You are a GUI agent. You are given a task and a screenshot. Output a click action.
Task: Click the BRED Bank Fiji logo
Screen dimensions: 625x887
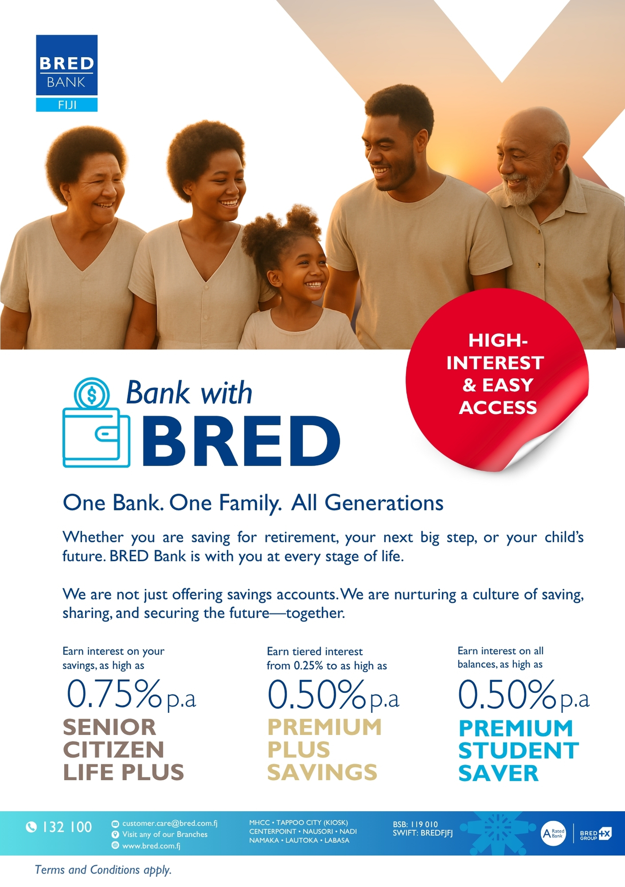(x=67, y=73)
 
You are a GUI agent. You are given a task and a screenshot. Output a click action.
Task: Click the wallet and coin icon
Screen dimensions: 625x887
(x=96, y=422)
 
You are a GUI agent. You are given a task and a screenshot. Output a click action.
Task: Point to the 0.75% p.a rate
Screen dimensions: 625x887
(x=131, y=694)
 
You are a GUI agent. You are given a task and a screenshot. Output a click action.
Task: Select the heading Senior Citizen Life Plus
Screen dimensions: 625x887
(x=123, y=750)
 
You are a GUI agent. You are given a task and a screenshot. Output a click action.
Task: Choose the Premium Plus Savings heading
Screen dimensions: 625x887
(x=324, y=750)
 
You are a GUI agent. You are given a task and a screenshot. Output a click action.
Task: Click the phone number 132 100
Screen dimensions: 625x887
(x=67, y=827)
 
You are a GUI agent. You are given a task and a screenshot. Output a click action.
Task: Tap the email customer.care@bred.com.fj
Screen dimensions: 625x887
(x=170, y=823)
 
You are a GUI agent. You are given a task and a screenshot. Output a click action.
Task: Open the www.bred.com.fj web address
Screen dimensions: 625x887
(x=151, y=846)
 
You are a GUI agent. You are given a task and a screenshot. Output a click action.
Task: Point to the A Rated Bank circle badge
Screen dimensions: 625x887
(x=554, y=833)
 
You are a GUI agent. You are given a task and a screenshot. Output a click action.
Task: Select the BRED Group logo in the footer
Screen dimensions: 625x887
(x=596, y=834)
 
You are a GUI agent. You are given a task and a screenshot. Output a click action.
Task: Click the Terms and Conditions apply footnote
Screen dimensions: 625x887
(x=103, y=870)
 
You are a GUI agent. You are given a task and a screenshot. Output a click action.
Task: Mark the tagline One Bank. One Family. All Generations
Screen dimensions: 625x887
(x=253, y=503)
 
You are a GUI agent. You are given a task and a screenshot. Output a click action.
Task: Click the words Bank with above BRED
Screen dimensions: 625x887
(x=189, y=392)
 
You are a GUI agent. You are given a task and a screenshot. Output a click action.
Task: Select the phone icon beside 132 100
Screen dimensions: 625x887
(x=31, y=827)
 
